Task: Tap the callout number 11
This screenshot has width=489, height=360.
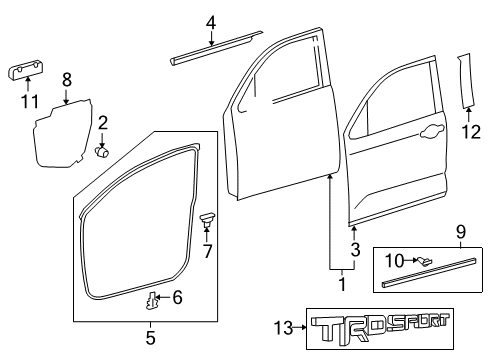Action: pyautogui.click(x=30, y=102)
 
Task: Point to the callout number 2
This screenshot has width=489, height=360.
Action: pyautogui.click(x=103, y=123)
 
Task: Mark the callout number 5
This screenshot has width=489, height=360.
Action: pyautogui.click(x=151, y=337)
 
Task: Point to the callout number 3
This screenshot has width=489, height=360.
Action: pyautogui.click(x=354, y=248)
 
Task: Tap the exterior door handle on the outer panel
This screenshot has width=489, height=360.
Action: pyautogui.click(x=433, y=132)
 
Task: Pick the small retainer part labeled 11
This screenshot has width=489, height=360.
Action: pyautogui.click(x=29, y=69)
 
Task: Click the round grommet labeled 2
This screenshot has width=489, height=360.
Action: pyautogui.click(x=102, y=152)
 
